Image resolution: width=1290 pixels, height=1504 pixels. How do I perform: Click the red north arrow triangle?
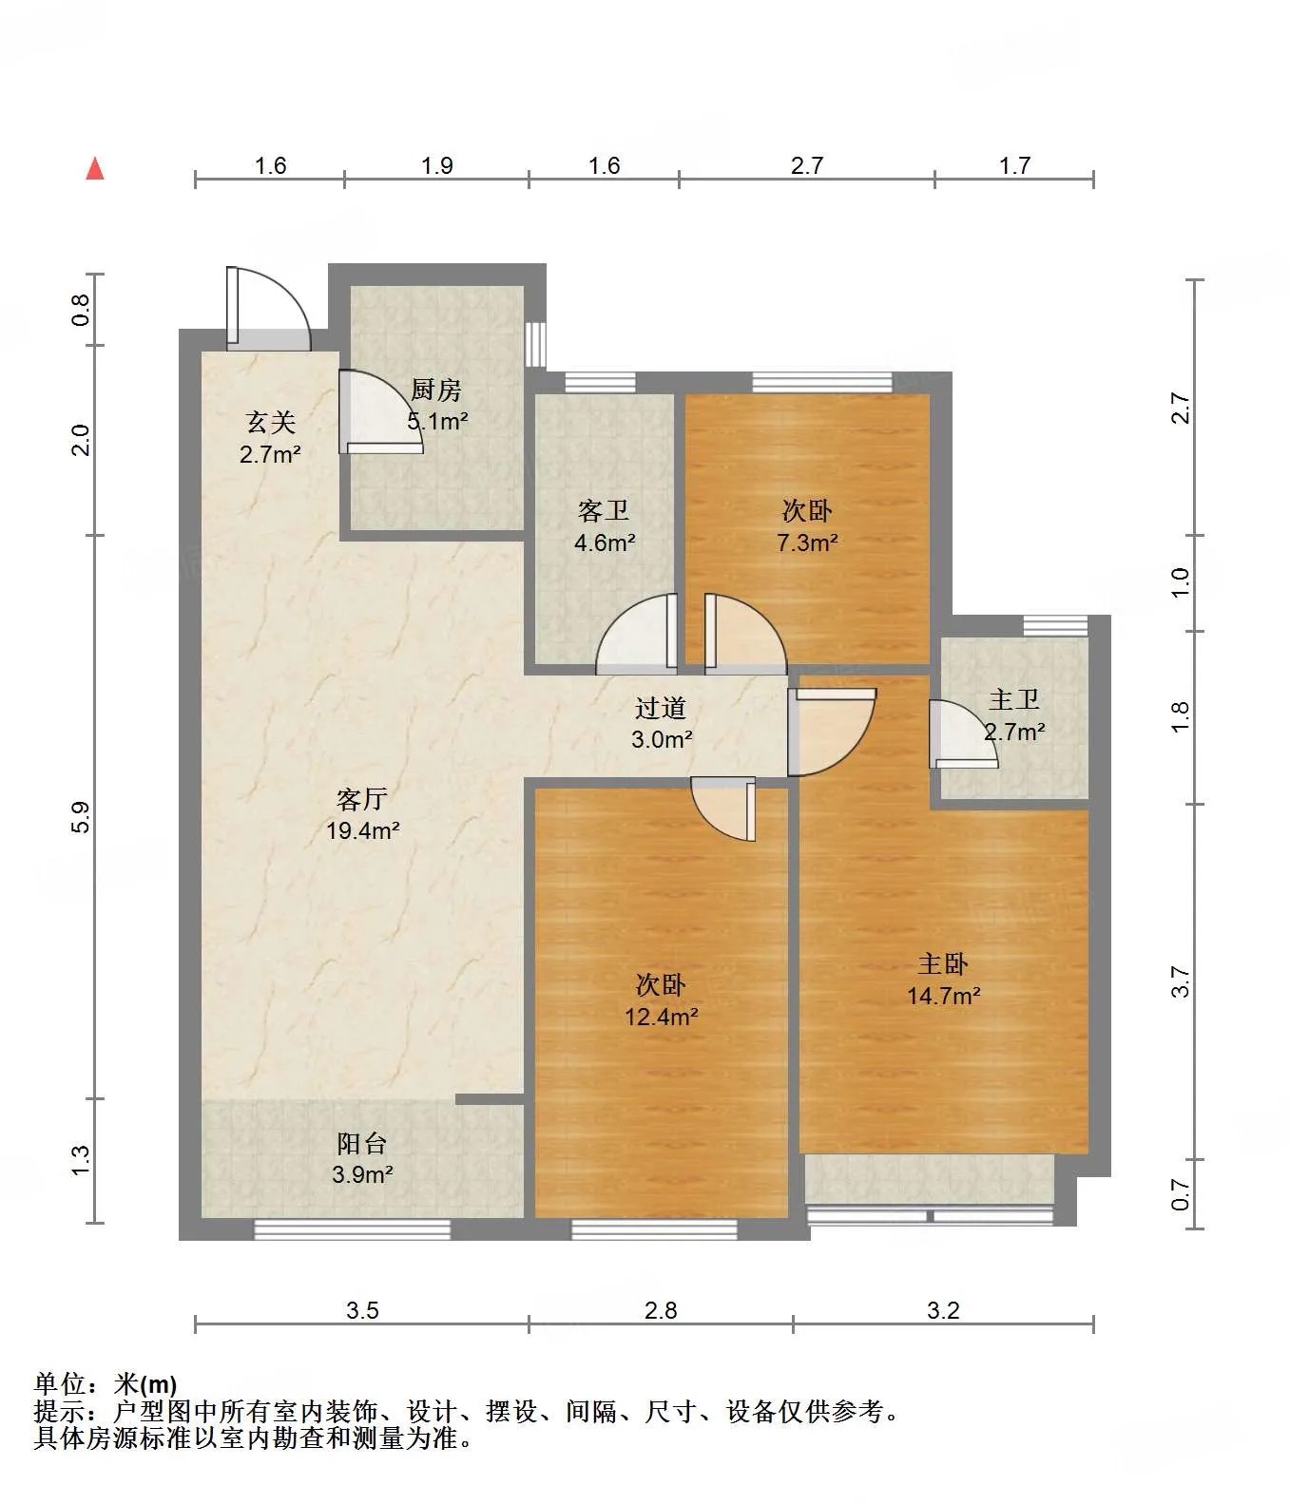[95, 169]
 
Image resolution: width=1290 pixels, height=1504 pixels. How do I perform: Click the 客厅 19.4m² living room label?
[362, 814]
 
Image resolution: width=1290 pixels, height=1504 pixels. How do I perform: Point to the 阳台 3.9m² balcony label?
[363, 1159]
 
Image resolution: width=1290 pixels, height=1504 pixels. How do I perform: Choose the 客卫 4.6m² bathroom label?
[605, 527]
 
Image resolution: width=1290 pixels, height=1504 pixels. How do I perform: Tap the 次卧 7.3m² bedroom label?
[807, 526]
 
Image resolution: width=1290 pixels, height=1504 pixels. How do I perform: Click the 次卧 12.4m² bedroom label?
[662, 1000]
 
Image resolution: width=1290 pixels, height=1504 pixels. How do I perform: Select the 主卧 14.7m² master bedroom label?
[943, 980]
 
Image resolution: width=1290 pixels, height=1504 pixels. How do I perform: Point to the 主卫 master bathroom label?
[1014, 701]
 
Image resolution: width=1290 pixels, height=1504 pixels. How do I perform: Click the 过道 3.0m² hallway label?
[662, 723]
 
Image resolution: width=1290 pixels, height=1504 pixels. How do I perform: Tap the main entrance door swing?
[269, 309]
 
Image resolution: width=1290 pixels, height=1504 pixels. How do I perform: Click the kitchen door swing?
[381, 411]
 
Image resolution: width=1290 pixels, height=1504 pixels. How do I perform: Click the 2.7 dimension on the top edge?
[807, 166]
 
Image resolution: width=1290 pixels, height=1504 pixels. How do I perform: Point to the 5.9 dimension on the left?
[82, 817]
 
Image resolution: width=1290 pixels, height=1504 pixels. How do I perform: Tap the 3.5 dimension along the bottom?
[362, 1311]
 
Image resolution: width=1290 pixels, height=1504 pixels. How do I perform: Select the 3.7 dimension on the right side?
[1181, 981]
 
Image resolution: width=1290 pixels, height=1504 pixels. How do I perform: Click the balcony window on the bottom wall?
[352, 1229]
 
